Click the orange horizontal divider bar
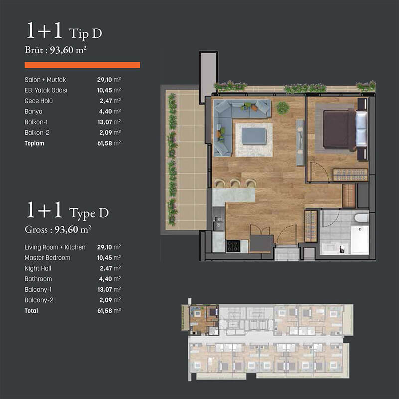click(82, 65)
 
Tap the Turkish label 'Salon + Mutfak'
click(45, 80)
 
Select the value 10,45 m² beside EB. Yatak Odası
click(109, 90)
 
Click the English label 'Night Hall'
click(38, 268)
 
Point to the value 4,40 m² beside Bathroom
click(110, 279)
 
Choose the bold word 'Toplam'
click(34, 143)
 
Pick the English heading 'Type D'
click(89, 213)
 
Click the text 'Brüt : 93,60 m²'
click(56, 50)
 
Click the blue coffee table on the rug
click(254, 136)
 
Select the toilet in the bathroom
click(361, 218)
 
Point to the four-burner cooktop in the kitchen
click(233, 246)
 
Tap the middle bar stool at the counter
click(235, 183)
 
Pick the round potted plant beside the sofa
click(283, 108)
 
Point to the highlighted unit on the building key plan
click(204, 320)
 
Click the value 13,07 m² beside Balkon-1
click(109, 122)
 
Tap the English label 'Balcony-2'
click(39, 300)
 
